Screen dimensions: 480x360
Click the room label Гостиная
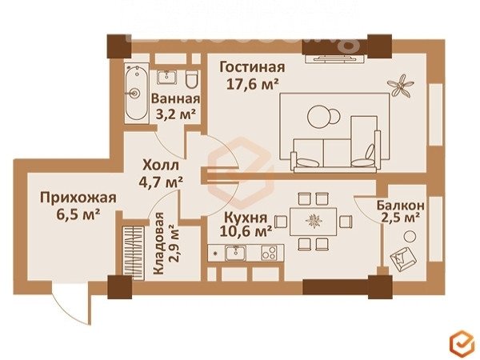tap(252, 67)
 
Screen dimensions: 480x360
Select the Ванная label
tap(175, 99)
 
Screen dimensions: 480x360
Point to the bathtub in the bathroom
tap(137, 93)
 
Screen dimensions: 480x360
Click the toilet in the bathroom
tap(192, 79)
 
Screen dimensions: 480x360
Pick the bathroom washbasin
tap(167, 77)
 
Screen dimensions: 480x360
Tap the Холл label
tap(161, 166)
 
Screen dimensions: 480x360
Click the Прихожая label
tap(78, 198)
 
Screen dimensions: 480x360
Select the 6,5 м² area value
tap(78, 214)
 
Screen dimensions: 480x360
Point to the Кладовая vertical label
tap(158, 243)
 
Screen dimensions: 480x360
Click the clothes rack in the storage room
tap(133, 253)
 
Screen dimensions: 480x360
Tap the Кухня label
tap(246, 218)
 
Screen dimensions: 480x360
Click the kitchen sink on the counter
tap(235, 253)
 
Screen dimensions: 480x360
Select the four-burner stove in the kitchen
tap(269, 253)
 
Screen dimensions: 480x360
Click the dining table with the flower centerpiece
tap(313, 222)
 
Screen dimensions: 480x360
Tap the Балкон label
tap(401, 205)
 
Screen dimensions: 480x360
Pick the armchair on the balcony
tap(403, 258)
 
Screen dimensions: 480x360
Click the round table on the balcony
tap(410, 236)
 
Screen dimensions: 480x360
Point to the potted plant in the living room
tap(400, 86)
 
